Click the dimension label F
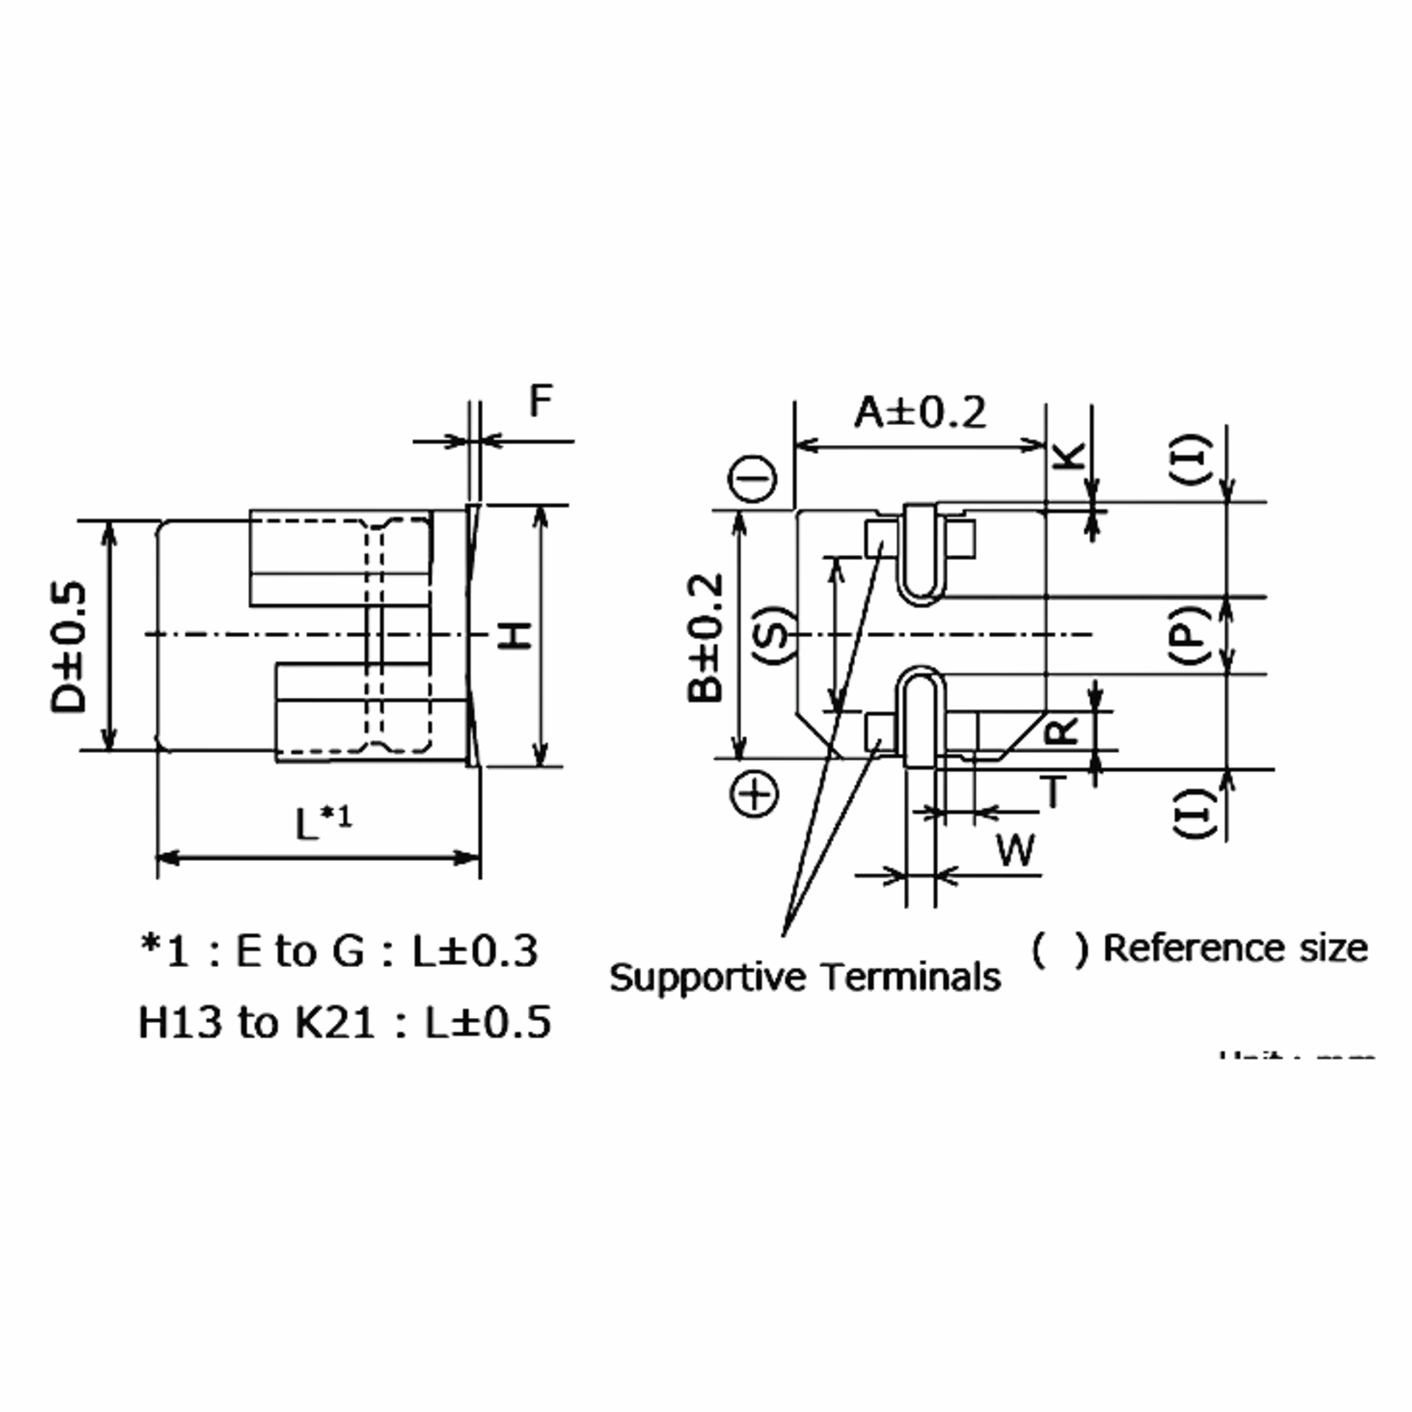coord(540,401)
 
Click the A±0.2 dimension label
coord(920,413)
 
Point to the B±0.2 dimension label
coord(706,638)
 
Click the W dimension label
coord(1016,850)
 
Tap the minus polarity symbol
coord(751,480)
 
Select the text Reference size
coord(1234,948)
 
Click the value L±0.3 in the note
coord(475,951)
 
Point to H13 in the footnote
coord(179,1022)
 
